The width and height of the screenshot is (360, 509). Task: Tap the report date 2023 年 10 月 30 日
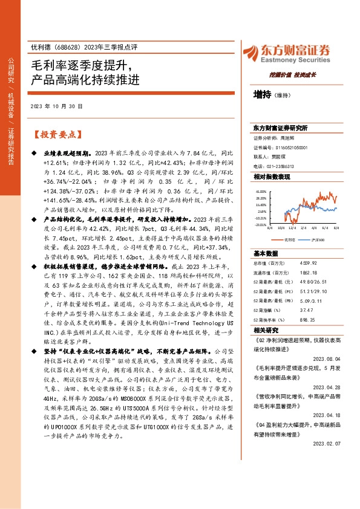coord(56,106)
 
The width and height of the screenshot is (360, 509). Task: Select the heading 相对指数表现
coord(272,177)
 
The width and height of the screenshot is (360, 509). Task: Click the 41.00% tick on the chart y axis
coord(260,191)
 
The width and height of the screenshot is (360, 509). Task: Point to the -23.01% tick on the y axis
coord(260,224)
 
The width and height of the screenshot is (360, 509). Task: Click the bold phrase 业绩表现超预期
coord(68,154)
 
